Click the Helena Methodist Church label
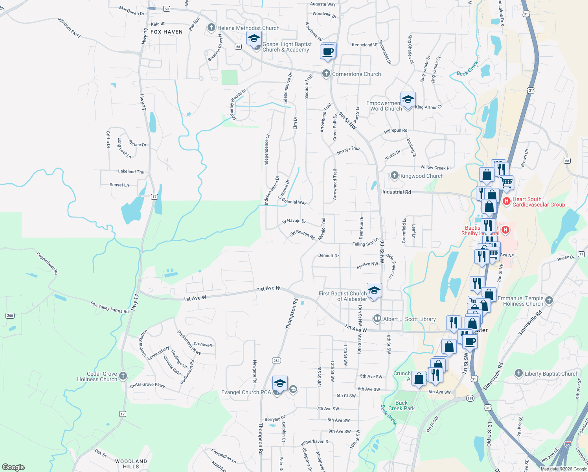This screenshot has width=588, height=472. [x=248, y=28]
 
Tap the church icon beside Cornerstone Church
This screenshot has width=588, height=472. [x=326, y=74]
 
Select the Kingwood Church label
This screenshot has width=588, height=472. [x=422, y=176]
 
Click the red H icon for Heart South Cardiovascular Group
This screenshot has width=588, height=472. [x=507, y=201]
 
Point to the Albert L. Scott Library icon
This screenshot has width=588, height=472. [x=377, y=319]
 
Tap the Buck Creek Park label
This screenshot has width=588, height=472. [x=401, y=406]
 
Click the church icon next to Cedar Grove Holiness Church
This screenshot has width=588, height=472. [x=123, y=376]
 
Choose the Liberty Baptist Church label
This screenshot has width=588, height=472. [x=551, y=374]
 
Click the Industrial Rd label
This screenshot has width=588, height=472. [x=397, y=192]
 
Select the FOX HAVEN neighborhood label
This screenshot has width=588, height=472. [x=167, y=32]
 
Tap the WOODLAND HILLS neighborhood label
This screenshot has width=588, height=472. [x=131, y=464]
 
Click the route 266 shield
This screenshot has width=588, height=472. [x=10, y=315]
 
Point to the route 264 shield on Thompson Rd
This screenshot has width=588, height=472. [x=276, y=360]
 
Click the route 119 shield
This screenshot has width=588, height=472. [x=470, y=398]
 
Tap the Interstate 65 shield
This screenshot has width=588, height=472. [x=568, y=444]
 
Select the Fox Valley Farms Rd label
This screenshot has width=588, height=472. [x=109, y=307]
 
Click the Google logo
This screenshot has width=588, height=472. [x=13, y=467]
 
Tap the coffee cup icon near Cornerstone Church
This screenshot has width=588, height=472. [x=328, y=52]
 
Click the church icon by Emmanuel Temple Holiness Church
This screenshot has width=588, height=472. [x=549, y=301]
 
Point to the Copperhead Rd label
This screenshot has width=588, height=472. [x=47, y=263]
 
